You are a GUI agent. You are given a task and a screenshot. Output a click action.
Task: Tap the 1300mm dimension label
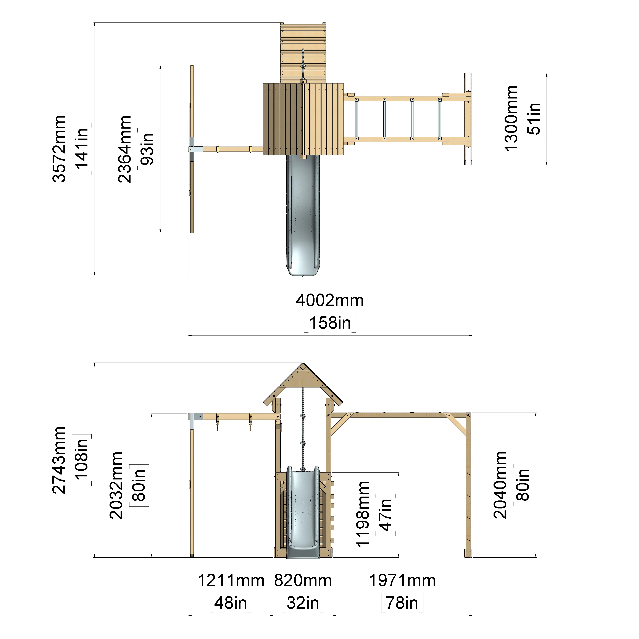(x=511, y=118)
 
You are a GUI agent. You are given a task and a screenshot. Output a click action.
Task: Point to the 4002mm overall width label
(x=330, y=300)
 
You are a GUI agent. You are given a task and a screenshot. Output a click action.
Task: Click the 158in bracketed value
(x=330, y=323)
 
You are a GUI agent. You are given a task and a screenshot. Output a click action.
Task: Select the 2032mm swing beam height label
(x=116, y=485)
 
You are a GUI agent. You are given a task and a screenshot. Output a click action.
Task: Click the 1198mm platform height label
(x=363, y=515)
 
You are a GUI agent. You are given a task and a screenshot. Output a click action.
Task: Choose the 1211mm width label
(x=231, y=581)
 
